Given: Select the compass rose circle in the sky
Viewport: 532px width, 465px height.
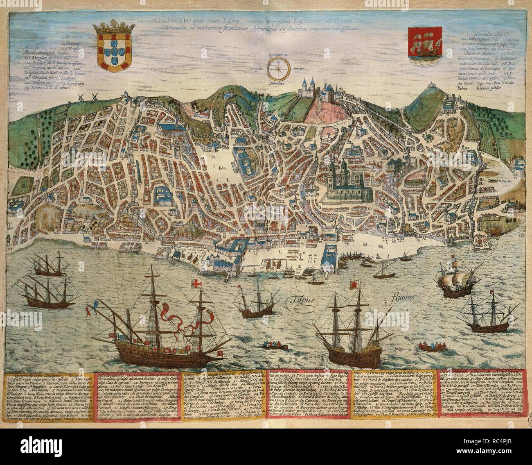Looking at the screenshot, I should pos(278,68).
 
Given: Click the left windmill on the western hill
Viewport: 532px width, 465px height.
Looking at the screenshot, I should pos(81,100).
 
